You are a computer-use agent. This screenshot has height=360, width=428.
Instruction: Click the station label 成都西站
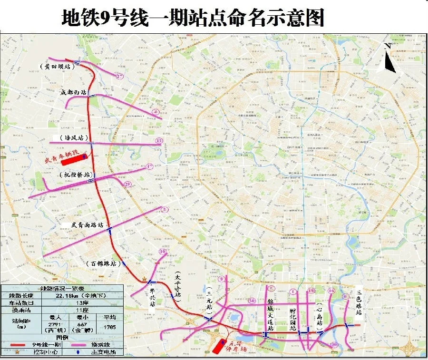click(74, 92)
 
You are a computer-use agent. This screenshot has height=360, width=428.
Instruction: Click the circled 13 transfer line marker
click(159, 141)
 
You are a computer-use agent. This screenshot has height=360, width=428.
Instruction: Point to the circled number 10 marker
click(163, 252)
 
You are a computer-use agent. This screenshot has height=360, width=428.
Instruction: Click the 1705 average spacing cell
click(110, 327)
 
